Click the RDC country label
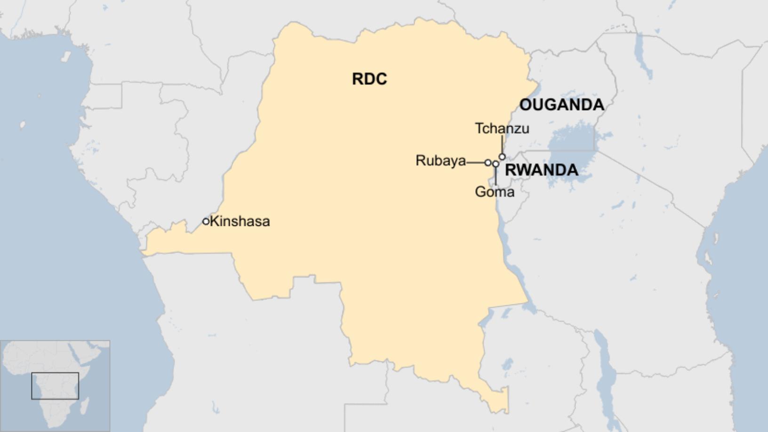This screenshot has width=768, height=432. (x=369, y=79)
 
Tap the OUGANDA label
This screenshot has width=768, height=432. (x=561, y=104)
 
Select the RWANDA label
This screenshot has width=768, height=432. (x=541, y=170)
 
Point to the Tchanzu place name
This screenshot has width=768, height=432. (x=502, y=128)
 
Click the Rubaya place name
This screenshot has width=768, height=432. (x=440, y=161)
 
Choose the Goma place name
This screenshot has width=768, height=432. (x=494, y=192)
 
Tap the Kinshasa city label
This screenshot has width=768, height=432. (x=240, y=221)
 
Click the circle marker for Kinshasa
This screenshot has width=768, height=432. (x=206, y=221)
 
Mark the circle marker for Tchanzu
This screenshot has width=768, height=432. (x=502, y=157)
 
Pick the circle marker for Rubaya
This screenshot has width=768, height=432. (x=488, y=162)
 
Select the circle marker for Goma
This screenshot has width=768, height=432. (x=496, y=164)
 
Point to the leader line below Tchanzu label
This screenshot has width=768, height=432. (x=502, y=144)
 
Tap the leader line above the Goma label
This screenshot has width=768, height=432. (x=496, y=176)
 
